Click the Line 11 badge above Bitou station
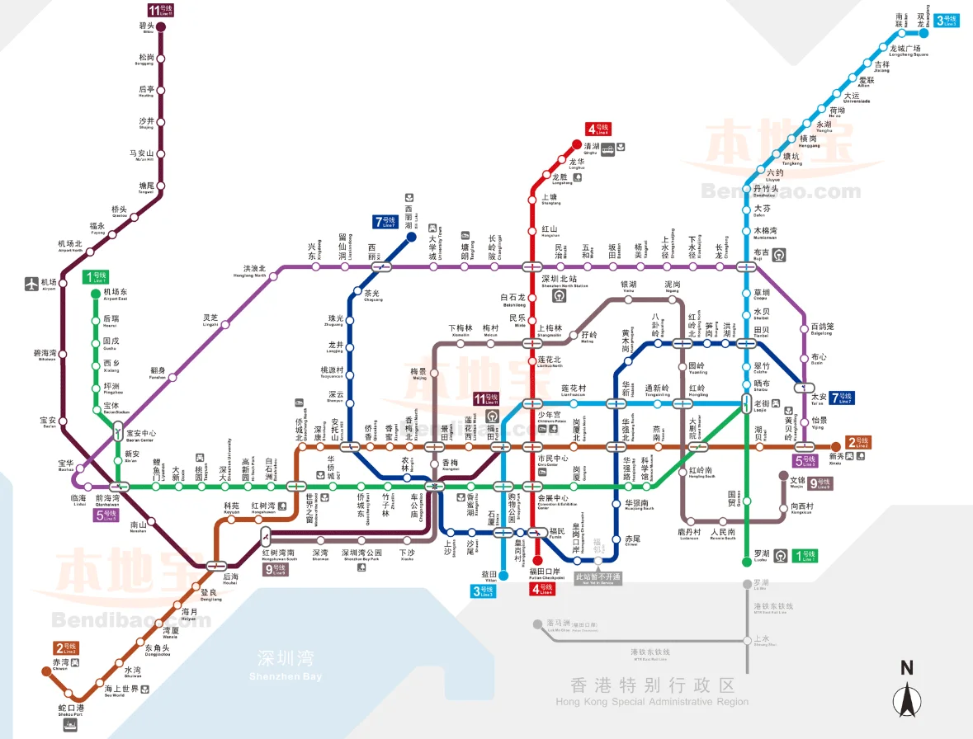click(161, 10)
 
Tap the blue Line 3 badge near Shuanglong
click(947, 20)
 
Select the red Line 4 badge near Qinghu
click(597, 129)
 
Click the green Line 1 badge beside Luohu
click(805, 557)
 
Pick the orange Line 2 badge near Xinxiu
click(858, 443)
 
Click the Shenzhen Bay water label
click(286, 665)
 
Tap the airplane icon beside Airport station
click(32, 284)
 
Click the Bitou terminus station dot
click(162, 27)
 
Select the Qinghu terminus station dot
click(578, 144)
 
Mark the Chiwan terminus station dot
click(47, 671)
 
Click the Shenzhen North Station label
click(564, 282)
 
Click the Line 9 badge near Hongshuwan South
click(276, 568)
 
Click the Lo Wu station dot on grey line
click(746, 584)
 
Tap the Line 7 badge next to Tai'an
click(842, 398)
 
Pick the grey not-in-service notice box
click(597, 577)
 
